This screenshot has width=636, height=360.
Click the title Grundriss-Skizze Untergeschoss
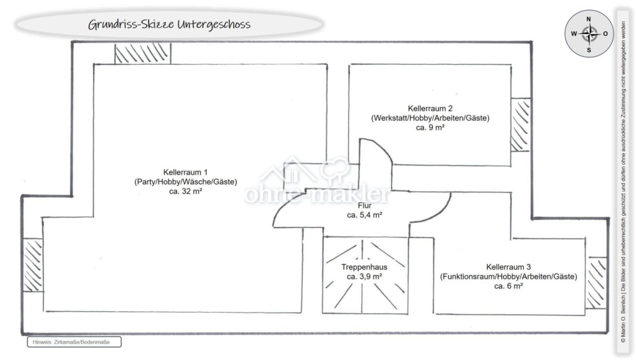(x=169, y=24)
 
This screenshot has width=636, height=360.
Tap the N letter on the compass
(x=588, y=19)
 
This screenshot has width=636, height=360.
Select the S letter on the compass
(x=589, y=50)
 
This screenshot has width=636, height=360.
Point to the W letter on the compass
(x=574, y=34)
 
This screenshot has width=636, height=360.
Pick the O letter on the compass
(x=605, y=34)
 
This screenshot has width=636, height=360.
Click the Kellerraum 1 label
(x=185, y=172)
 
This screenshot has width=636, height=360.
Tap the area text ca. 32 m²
(x=185, y=191)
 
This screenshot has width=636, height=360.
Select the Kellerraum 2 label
(x=430, y=108)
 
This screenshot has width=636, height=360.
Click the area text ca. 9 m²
(x=430, y=128)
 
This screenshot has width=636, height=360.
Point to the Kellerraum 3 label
(x=508, y=267)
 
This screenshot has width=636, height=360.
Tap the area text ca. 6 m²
(x=508, y=286)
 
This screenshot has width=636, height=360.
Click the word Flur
(x=365, y=206)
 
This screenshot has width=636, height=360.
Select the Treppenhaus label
(x=364, y=267)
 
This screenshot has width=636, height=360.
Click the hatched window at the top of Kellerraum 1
(x=143, y=54)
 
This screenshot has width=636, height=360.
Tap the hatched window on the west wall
(x=33, y=265)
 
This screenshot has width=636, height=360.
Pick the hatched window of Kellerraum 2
(x=520, y=125)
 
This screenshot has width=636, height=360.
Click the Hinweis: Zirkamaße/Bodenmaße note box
(x=74, y=342)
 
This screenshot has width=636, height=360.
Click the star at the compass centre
(x=590, y=34)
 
